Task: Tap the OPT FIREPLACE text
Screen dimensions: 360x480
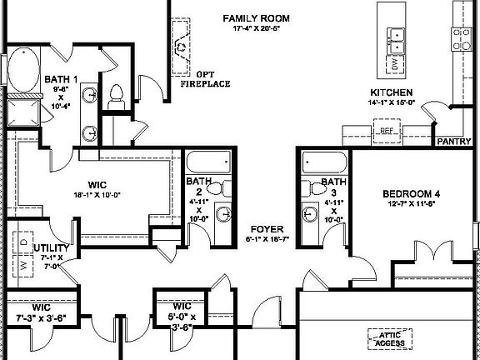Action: point(208,78)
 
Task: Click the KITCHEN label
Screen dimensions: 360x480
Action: point(392,92)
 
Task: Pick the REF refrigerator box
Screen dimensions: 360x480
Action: point(387,131)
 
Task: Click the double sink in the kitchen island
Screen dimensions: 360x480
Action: point(397,34)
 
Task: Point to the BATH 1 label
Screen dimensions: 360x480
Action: point(60,79)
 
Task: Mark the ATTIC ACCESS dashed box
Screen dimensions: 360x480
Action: point(386,337)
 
